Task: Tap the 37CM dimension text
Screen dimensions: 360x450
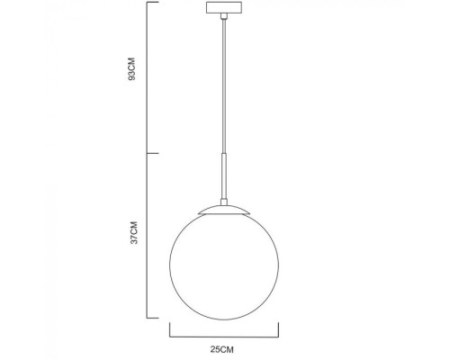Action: [x=132, y=235]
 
